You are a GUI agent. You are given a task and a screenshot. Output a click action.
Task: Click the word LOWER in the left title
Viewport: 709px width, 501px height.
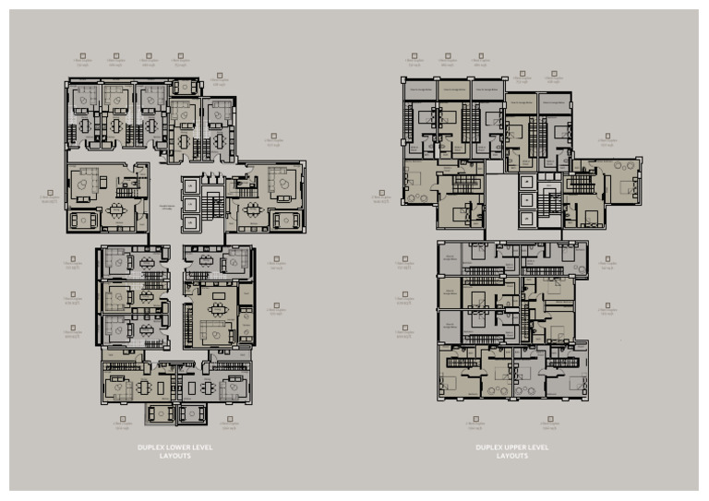(170, 447)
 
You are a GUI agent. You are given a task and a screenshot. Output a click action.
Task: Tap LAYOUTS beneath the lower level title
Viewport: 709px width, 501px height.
(174, 456)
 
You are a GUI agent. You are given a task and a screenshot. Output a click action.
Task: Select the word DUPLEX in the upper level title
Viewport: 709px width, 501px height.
(487, 447)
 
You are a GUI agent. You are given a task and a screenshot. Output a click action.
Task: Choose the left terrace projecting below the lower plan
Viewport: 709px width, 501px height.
(160, 412)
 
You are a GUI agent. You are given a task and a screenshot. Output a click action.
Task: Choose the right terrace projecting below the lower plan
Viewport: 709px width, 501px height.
(192, 412)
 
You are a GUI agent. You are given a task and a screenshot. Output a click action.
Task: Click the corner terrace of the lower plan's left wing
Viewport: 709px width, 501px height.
(83, 221)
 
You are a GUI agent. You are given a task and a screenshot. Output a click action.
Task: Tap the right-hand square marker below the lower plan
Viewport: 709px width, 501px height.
(230, 420)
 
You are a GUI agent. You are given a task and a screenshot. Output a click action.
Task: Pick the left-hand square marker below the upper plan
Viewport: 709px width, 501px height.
(476, 420)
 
